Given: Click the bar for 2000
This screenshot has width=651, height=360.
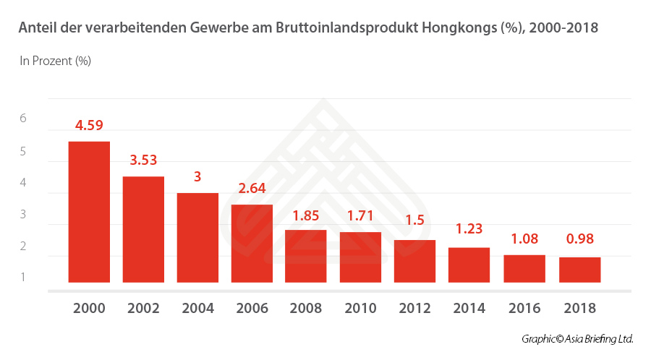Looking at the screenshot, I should (x=89, y=212).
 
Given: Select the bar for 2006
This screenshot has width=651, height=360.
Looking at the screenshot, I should (x=252, y=244).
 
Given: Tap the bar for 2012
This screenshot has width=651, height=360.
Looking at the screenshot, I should (x=414, y=261).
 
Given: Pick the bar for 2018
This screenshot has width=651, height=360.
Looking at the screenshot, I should (x=579, y=270).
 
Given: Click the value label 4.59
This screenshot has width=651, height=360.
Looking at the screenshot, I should (x=89, y=125).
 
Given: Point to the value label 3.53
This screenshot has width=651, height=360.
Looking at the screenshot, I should (x=143, y=160).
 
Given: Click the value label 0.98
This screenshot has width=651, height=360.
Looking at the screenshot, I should (x=579, y=239).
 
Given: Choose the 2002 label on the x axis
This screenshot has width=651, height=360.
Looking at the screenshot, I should (x=143, y=308).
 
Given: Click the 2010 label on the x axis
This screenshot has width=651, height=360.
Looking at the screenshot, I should (x=360, y=308).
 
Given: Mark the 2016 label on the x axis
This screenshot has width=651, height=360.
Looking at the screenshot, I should (x=524, y=308).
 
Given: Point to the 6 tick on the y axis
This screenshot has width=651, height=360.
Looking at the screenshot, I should (x=22, y=118).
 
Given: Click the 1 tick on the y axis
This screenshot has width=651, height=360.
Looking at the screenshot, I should (x=22, y=277).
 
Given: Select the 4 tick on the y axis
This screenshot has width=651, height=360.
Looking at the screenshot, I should (x=22, y=183).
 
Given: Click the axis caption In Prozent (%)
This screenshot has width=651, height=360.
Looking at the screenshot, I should (x=55, y=61).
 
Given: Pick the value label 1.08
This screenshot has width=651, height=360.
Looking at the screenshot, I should (x=524, y=238).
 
